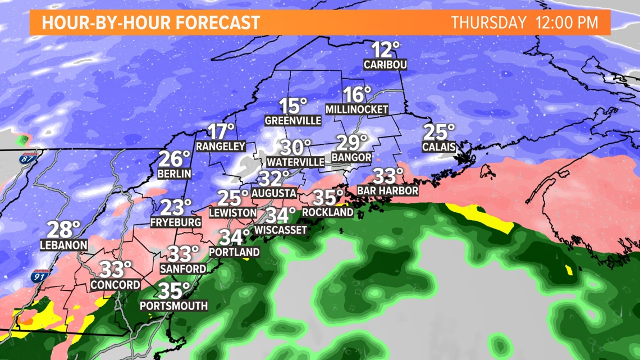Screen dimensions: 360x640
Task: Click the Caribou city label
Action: point(385,65)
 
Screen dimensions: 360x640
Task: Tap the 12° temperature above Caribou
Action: point(385,50)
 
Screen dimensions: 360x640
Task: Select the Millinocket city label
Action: point(356,110)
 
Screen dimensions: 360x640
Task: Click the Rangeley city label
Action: point(221,146)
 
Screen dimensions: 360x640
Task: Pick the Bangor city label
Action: point(351,157)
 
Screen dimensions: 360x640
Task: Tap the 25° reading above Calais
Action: point(438,133)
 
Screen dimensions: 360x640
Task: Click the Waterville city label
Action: point(296,162)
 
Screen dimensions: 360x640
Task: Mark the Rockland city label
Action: point(328,212)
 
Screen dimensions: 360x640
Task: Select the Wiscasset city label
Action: point(281,230)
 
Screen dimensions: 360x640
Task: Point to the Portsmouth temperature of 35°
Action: point(174,291)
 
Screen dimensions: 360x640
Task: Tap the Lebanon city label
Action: point(64,245)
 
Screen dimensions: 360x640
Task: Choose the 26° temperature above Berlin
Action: point(175,159)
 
